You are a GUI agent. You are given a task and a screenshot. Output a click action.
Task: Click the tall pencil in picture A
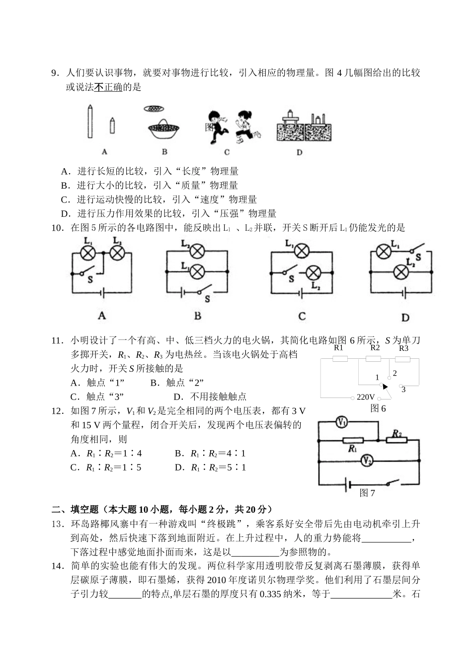click(x=90, y=122)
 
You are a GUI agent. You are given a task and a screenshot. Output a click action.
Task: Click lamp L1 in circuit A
click(x=88, y=253)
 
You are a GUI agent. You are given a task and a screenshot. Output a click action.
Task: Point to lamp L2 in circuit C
click(x=314, y=272)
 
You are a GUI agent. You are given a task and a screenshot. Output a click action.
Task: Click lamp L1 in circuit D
click(x=383, y=252)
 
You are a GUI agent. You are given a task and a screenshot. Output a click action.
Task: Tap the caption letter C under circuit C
click(x=302, y=316)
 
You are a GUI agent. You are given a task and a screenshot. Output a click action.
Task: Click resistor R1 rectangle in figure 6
click(x=339, y=359)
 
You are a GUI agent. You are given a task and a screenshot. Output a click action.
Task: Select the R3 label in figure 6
click(x=403, y=348)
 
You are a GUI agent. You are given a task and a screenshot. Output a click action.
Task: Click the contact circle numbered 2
click(x=389, y=378)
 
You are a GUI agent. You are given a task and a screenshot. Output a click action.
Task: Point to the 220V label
click(x=366, y=397)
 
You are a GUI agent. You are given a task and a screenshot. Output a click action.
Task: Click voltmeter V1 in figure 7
click(x=342, y=422)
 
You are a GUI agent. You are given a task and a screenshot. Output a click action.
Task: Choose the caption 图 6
click(x=378, y=408)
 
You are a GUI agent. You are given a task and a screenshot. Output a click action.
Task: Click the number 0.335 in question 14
click(x=271, y=594)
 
